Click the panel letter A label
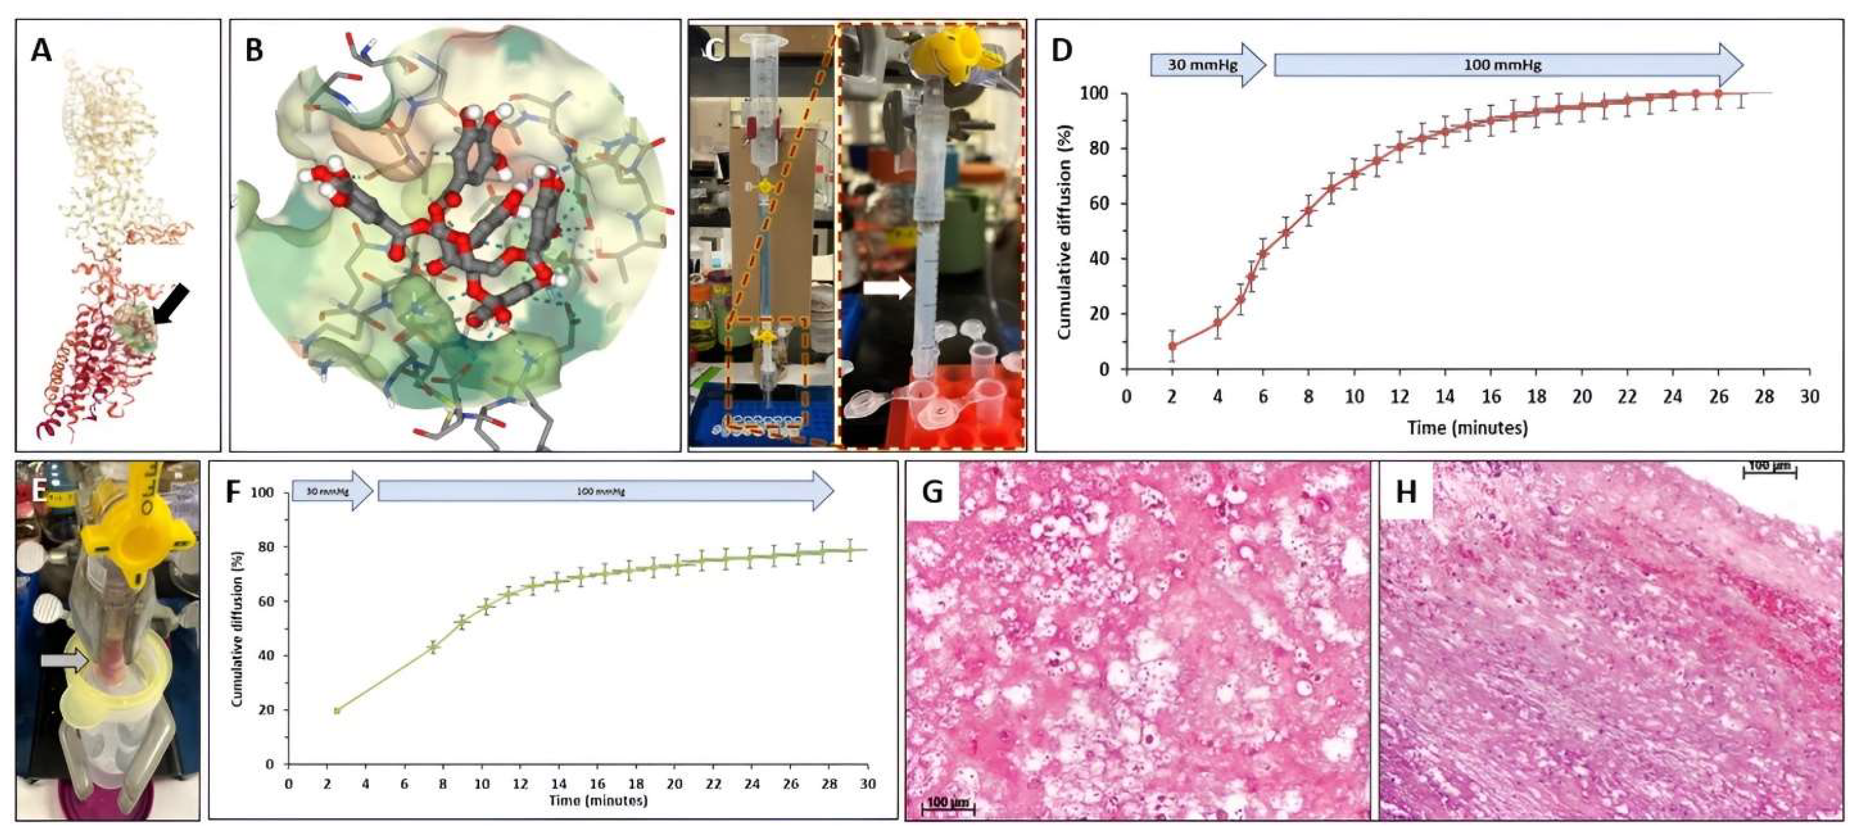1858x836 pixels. click(x=41, y=51)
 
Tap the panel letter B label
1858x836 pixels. click(x=253, y=51)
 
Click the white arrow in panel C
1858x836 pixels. click(x=887, y=288)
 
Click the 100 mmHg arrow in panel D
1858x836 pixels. click(x=1508, y=65)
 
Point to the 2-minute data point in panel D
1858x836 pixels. click(x=1172, y=346)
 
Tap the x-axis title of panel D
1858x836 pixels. click(x=1467, y=427)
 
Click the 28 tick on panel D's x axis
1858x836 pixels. click(x=1764, y=396)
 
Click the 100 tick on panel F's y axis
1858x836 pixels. click(x=263, y=493)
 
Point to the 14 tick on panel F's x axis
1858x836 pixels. click(x=558, y=784)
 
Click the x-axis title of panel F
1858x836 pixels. click(x=598, y=801)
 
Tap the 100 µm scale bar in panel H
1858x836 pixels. click(x=1769, y=470)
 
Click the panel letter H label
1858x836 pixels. click(x=1406, y=492)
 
